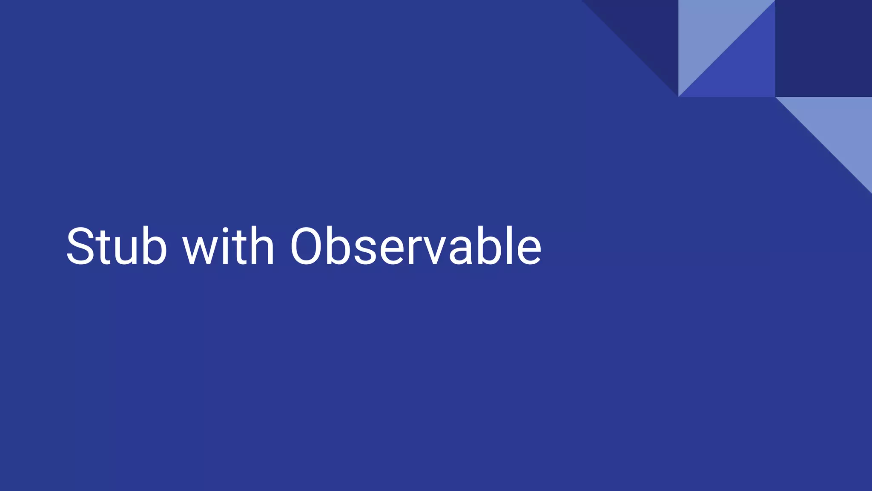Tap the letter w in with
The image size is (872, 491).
click(199, 251)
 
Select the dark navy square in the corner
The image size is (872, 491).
click(823, 48)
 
